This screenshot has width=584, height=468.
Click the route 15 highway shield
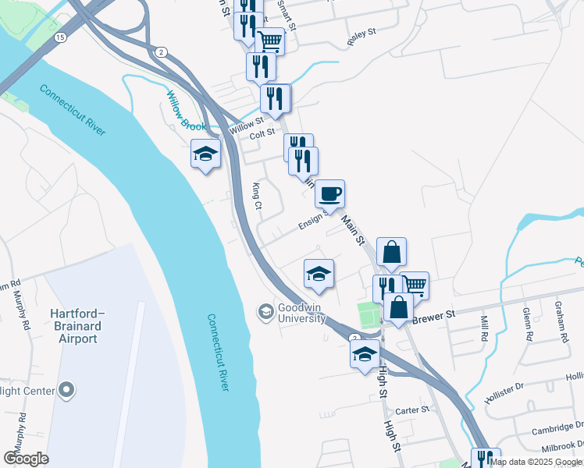click(x=60, y=37)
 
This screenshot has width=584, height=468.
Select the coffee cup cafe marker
click(x=329, y=193)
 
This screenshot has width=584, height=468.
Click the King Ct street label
click(x=257, y=197)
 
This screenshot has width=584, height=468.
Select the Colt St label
click(x=262, y=133)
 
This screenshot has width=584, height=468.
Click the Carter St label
click(x=413, y=410)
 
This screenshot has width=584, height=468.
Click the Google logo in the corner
click(x=26, y=458)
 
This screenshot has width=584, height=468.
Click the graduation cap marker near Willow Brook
click(x=205, y=154)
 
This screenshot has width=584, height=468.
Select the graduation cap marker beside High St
click(x=365, y=355)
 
